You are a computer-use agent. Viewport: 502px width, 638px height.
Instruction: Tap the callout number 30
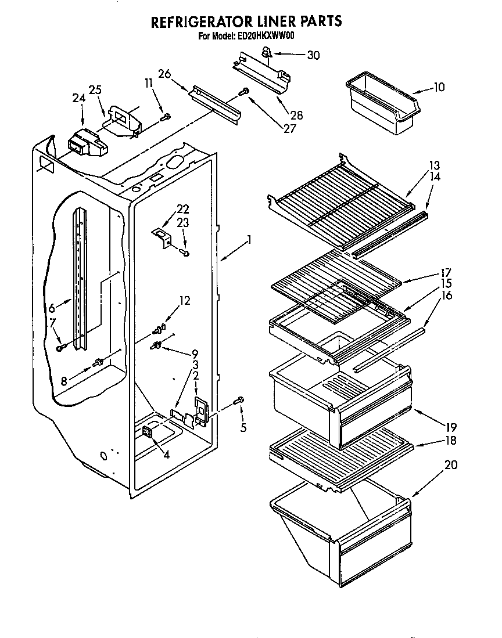(x=313, y=55)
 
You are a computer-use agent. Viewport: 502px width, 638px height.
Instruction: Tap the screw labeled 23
(x=185, y=253)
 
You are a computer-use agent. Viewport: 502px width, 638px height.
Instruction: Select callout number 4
(x=166, y=455)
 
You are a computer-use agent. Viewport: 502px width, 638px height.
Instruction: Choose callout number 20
(x=451, y=464)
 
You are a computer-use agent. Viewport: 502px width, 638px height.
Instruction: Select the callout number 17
(x=446, y=272)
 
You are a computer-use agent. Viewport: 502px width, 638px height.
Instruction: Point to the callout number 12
(x=184, y=301)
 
